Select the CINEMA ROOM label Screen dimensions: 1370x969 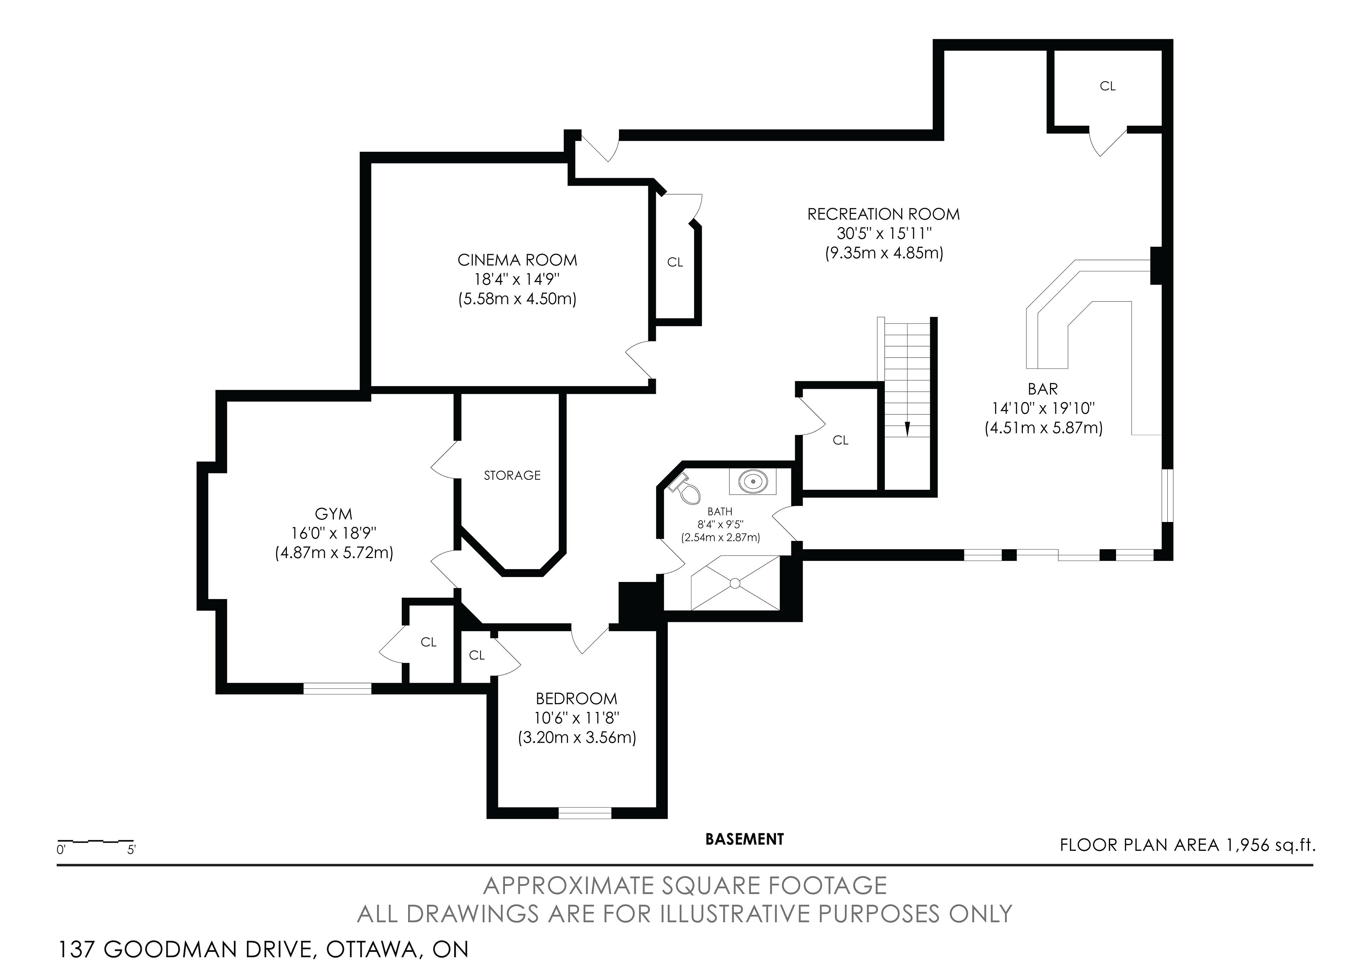click(x=517, y=260)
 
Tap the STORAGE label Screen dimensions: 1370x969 click(x=512, y=475)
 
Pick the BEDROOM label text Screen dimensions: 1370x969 click(x=577, y=698)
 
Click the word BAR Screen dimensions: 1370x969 click(x=1043, y=389)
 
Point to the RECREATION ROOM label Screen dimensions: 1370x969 click(x=884, y=214)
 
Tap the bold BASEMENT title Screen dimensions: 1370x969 click(x=745, y=839)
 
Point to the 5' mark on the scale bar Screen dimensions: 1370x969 click(x=131, y=850)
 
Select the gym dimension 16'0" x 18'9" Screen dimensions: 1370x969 click(x=334, y=533)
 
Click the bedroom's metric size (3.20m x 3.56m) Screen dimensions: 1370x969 click(x=577, y=738)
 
